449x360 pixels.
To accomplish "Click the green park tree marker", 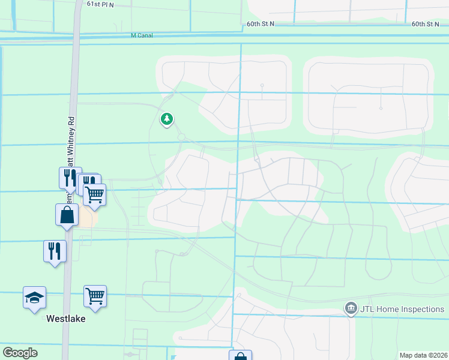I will tap(167, 119).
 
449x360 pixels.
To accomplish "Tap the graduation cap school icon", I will tap(34, 297).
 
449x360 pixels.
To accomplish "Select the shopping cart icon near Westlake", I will tap(95, 296).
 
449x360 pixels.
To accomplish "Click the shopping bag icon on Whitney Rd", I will tap(67, 215).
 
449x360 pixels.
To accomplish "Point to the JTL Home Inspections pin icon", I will tap(351, 309).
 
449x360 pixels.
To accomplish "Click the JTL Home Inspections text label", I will tap(402, 310).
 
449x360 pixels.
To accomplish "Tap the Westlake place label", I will tap(66, 319).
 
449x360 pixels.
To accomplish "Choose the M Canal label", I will tap(142, 35).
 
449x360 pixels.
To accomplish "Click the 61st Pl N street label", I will tap(100, 4).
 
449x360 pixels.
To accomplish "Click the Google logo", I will tap(20, 353).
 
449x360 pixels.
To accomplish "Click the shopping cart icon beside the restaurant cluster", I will tap(95, 194).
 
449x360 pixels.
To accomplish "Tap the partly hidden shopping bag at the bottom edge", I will tap(240, 356).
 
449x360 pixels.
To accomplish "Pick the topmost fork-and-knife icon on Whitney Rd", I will tap(69, 177).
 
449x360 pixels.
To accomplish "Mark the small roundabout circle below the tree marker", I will tap(181, 137).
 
